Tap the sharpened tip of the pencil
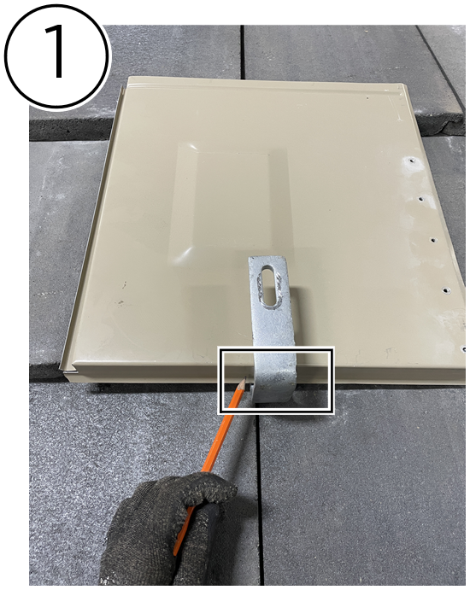[244, 381]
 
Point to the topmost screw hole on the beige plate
[412, 161]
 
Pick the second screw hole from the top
[421, 198]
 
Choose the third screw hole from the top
[433, 240]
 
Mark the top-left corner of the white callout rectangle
[219, 348]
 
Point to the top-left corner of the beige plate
[128, 77]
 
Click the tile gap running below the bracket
[259, 500]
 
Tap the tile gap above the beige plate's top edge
[243, 52]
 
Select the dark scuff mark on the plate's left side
[120, 301]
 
